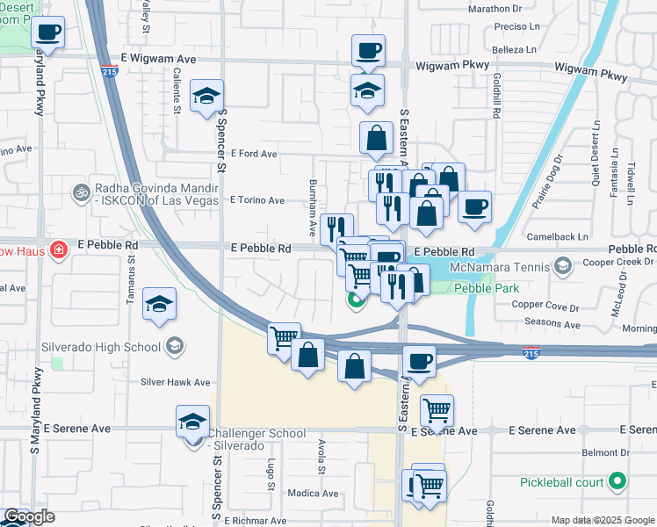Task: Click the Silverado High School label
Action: click(102, 345)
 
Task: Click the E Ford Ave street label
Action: click(254, 154)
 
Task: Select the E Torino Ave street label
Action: click(257, 200)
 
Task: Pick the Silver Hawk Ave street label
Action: click(176, 382)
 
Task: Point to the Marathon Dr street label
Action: click(495, 9)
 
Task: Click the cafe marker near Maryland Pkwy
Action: click(48, 34)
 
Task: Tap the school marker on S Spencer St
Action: click(207, 96)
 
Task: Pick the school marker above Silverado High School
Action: click(159, 305)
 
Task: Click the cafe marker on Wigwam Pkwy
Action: click(368, 50)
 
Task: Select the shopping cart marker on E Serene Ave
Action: click(437, 409)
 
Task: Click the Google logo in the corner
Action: click(29, 516)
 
